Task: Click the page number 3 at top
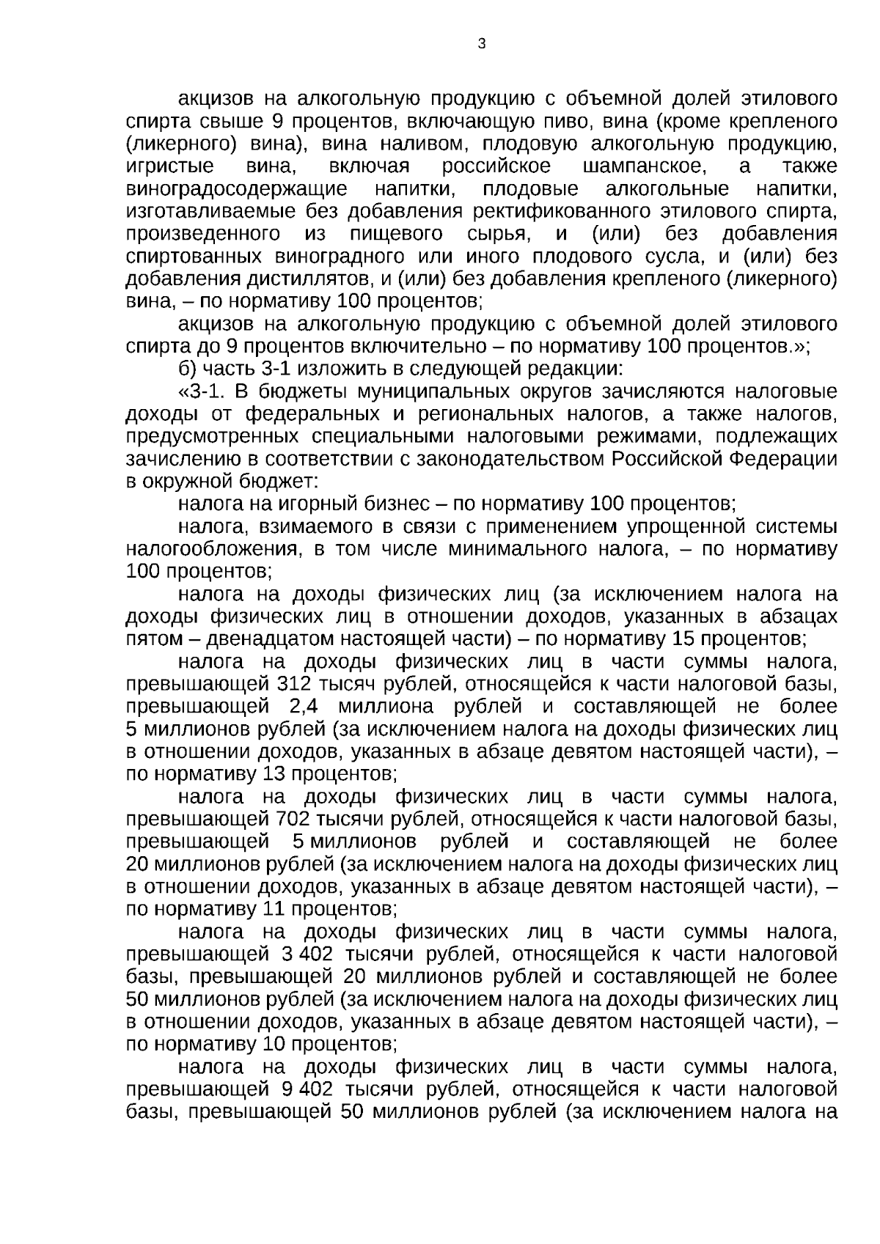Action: click(481, 44)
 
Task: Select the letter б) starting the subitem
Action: click(187, 369)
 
